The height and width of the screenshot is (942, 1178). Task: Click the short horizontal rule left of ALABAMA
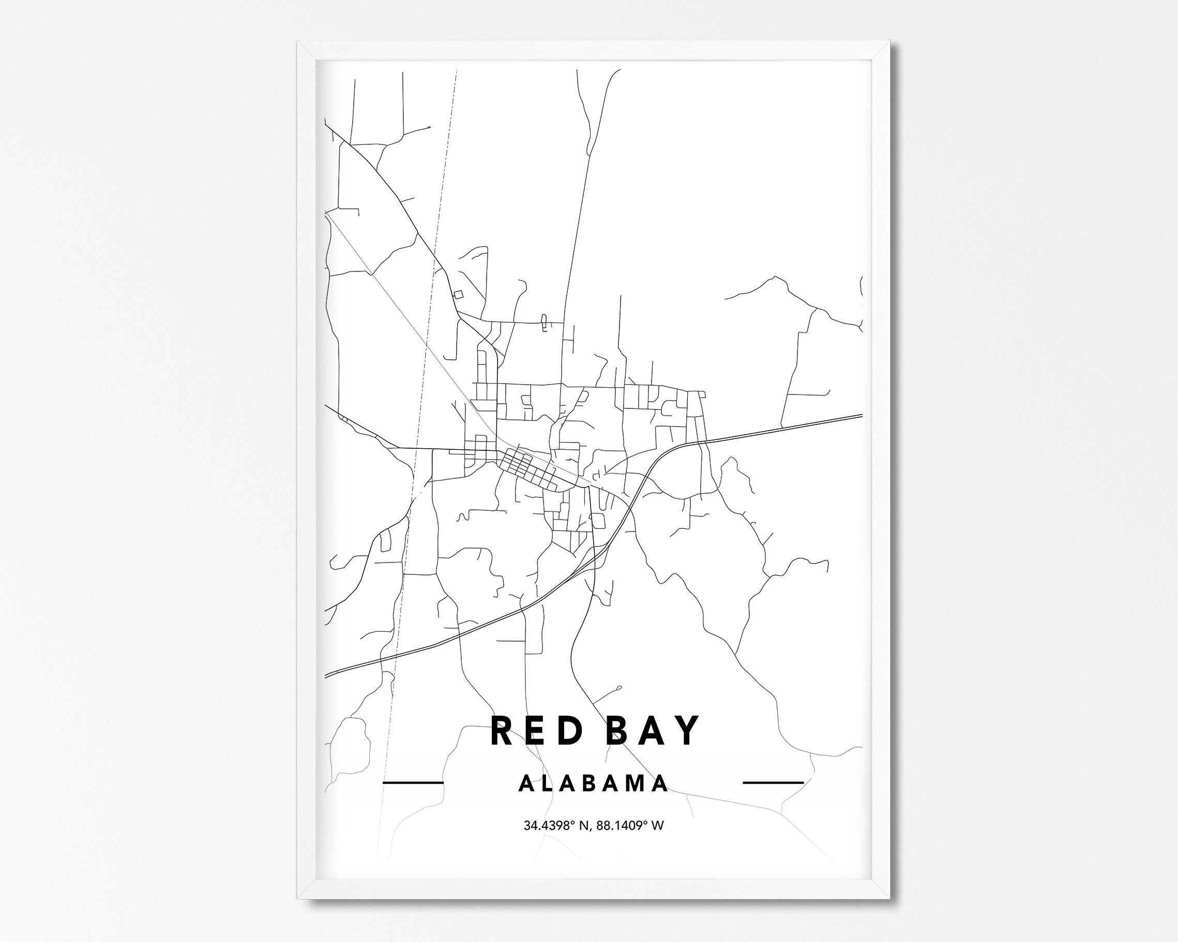(x=413, y=783)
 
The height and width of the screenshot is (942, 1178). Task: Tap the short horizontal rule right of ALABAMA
(x=773, y=783)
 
